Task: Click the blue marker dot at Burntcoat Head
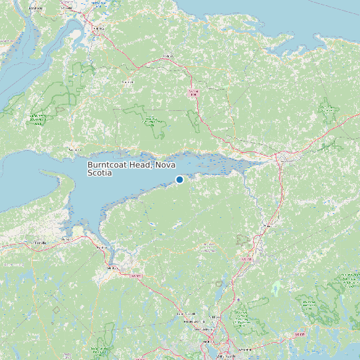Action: click(179, 179)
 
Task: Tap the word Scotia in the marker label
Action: click(100, 173)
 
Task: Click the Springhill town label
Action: click(127, 82)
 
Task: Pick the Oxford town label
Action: click(167, 56)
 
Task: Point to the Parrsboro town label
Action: click(74, 150)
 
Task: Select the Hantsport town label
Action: click(102, 248)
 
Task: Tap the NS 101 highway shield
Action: click(136, 275)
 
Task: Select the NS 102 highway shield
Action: click(247, 258)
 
